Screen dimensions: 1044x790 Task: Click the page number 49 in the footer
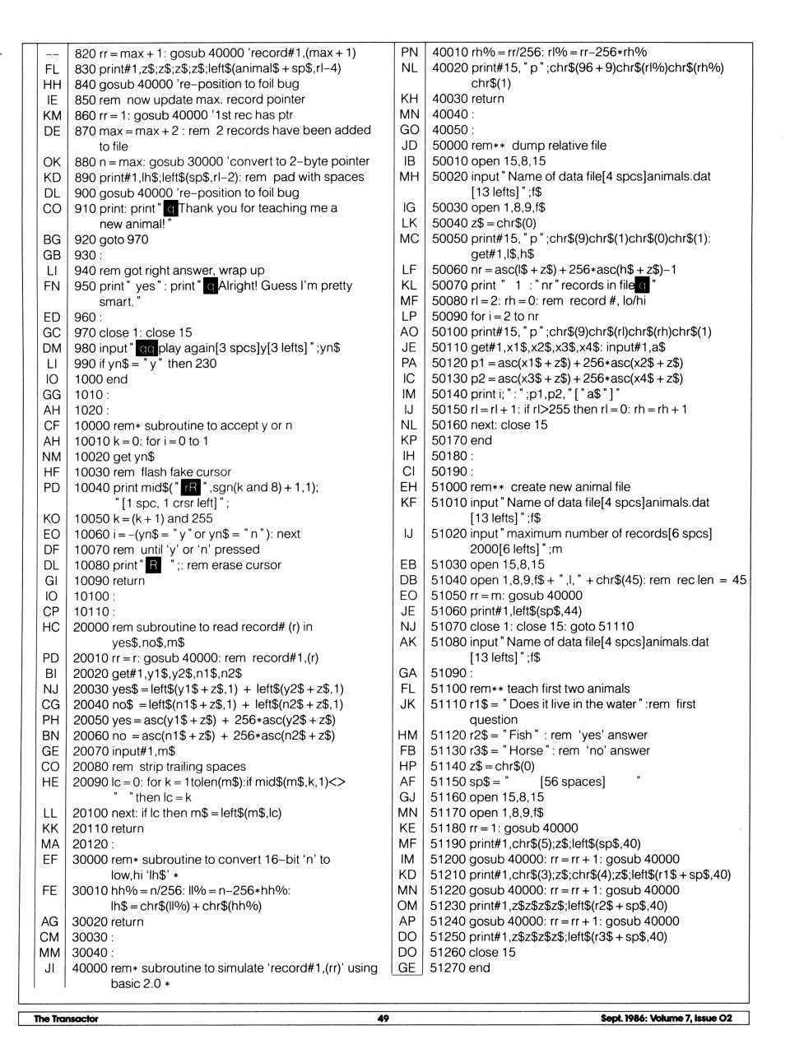click(x=383, y=1018)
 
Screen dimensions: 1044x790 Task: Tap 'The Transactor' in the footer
click(x=66, y=1018)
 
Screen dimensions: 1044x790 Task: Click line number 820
click(x=86, y=53)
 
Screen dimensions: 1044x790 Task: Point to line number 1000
click(x=89, y=379)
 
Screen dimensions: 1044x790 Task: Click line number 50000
click(x=448, y=146)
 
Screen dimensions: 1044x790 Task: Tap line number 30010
click(x=90, y=890)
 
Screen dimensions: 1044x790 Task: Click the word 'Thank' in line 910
click(x=196, y=208)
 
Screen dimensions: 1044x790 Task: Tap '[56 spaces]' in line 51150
click(x=573, y=782)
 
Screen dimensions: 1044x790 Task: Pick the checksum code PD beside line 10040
click(x=52, y=488)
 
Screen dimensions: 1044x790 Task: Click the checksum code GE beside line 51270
click(x=407, y=967)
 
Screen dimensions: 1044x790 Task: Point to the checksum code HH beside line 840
click(x=52, y=84)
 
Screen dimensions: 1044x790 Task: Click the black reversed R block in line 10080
click(x=153, y=565)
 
